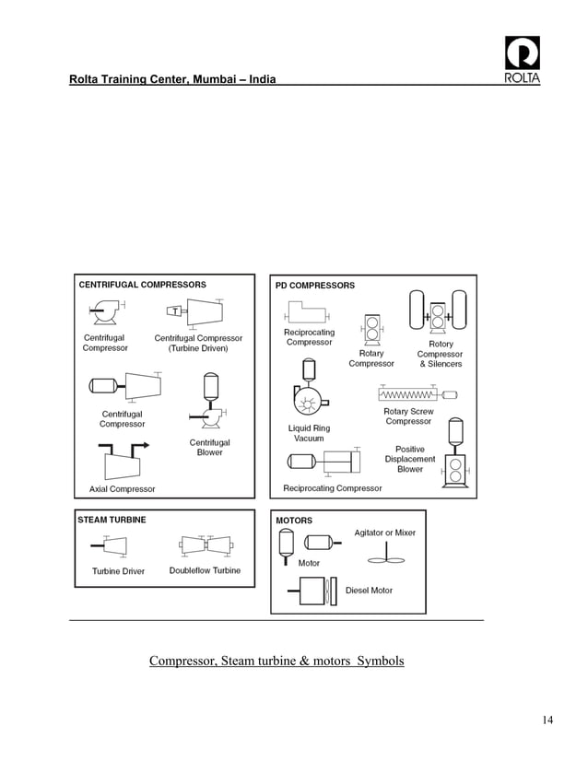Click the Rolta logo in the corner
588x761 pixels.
coord(523,58)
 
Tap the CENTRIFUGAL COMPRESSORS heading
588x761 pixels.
coord(142,285)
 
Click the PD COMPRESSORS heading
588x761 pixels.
coord(315,286)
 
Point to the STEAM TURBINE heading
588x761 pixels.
coord(112,520)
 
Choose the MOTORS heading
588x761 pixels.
coord(294,521)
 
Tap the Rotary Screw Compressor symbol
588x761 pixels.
coord(417,394)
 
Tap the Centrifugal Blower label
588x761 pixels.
coord(210,448)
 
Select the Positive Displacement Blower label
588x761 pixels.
coord(410,459)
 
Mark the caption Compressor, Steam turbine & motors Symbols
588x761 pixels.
coord(276,661)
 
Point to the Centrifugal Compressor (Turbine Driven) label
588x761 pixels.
coord(198,344)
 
